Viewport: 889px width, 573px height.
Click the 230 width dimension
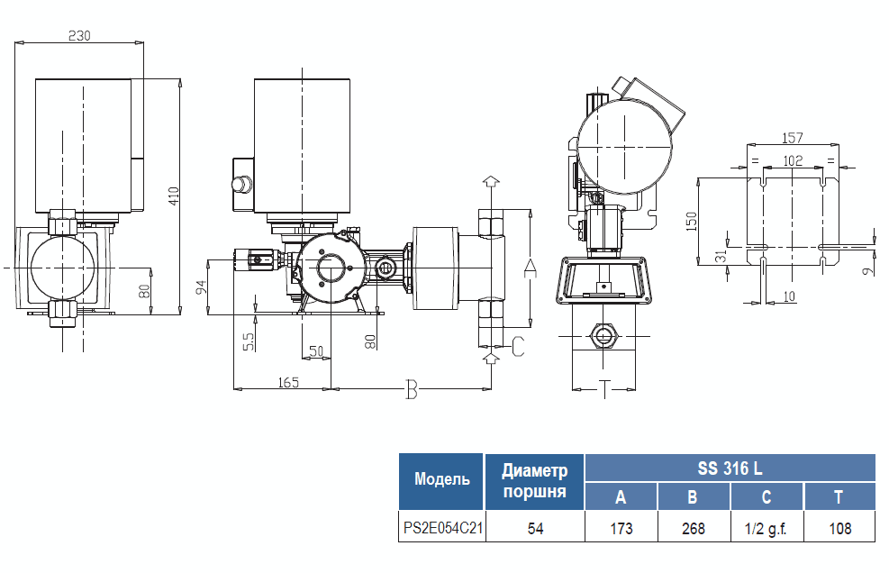click(80, 35)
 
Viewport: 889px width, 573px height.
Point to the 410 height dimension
click(175, 196)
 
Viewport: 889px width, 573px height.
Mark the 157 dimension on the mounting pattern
click(793, 138)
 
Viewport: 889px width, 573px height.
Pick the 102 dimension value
click(793, 160)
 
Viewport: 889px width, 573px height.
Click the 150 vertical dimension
click(692, 221)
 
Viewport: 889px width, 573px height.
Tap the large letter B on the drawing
click(412, 390)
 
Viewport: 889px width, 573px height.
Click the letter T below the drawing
click(604, 388)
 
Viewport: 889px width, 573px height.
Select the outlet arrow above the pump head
click(490, 182)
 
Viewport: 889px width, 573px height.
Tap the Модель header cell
click(442, 480)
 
